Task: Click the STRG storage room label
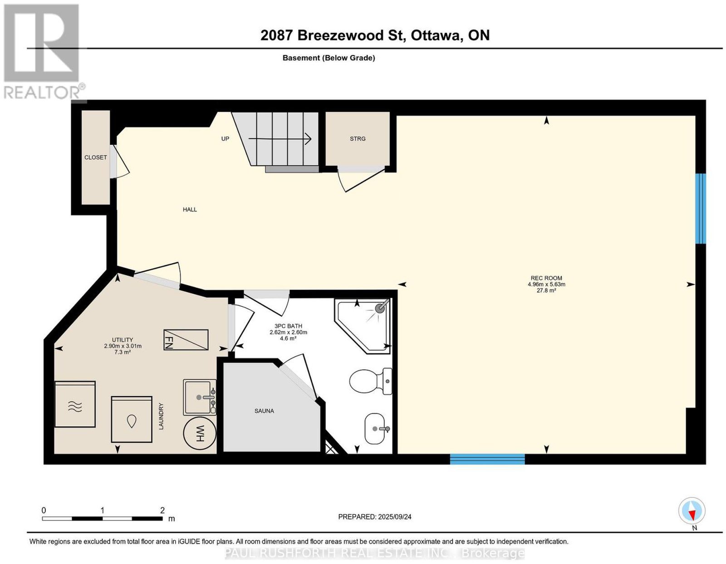tap(358, 138)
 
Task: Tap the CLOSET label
tap(96, 157)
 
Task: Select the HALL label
tap(190, 209)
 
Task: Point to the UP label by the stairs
tap(225, 138)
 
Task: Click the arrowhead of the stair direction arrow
tap(309, 138)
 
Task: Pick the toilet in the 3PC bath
tap(371, 381)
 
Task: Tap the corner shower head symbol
tap(380, 308)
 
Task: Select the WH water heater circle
tap(200, 433)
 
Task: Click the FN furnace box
tap(186, 340)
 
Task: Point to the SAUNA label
tap(264, 411)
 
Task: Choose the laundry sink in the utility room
tap(200, 397)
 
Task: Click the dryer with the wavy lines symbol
tap(75, 404)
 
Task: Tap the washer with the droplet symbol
tap(132, 419)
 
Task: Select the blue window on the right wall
tap(701, 208)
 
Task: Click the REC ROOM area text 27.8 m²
tap(546, 290)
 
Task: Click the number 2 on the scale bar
tap(162, 510)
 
